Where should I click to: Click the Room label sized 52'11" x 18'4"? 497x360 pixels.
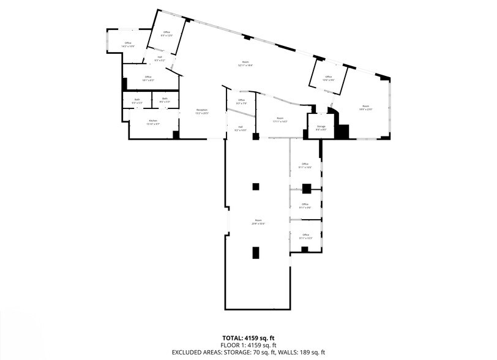click(x=245, y=63)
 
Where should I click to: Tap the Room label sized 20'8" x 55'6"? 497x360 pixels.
click(x=258, y=221)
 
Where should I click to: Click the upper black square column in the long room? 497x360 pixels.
click(x=256, y=186)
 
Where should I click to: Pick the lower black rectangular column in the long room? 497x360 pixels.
click(x=256, y=252)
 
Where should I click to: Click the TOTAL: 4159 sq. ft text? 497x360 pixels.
click(x=248, y=337)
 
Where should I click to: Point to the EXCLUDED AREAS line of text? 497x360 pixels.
click(x=248, y=353)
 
